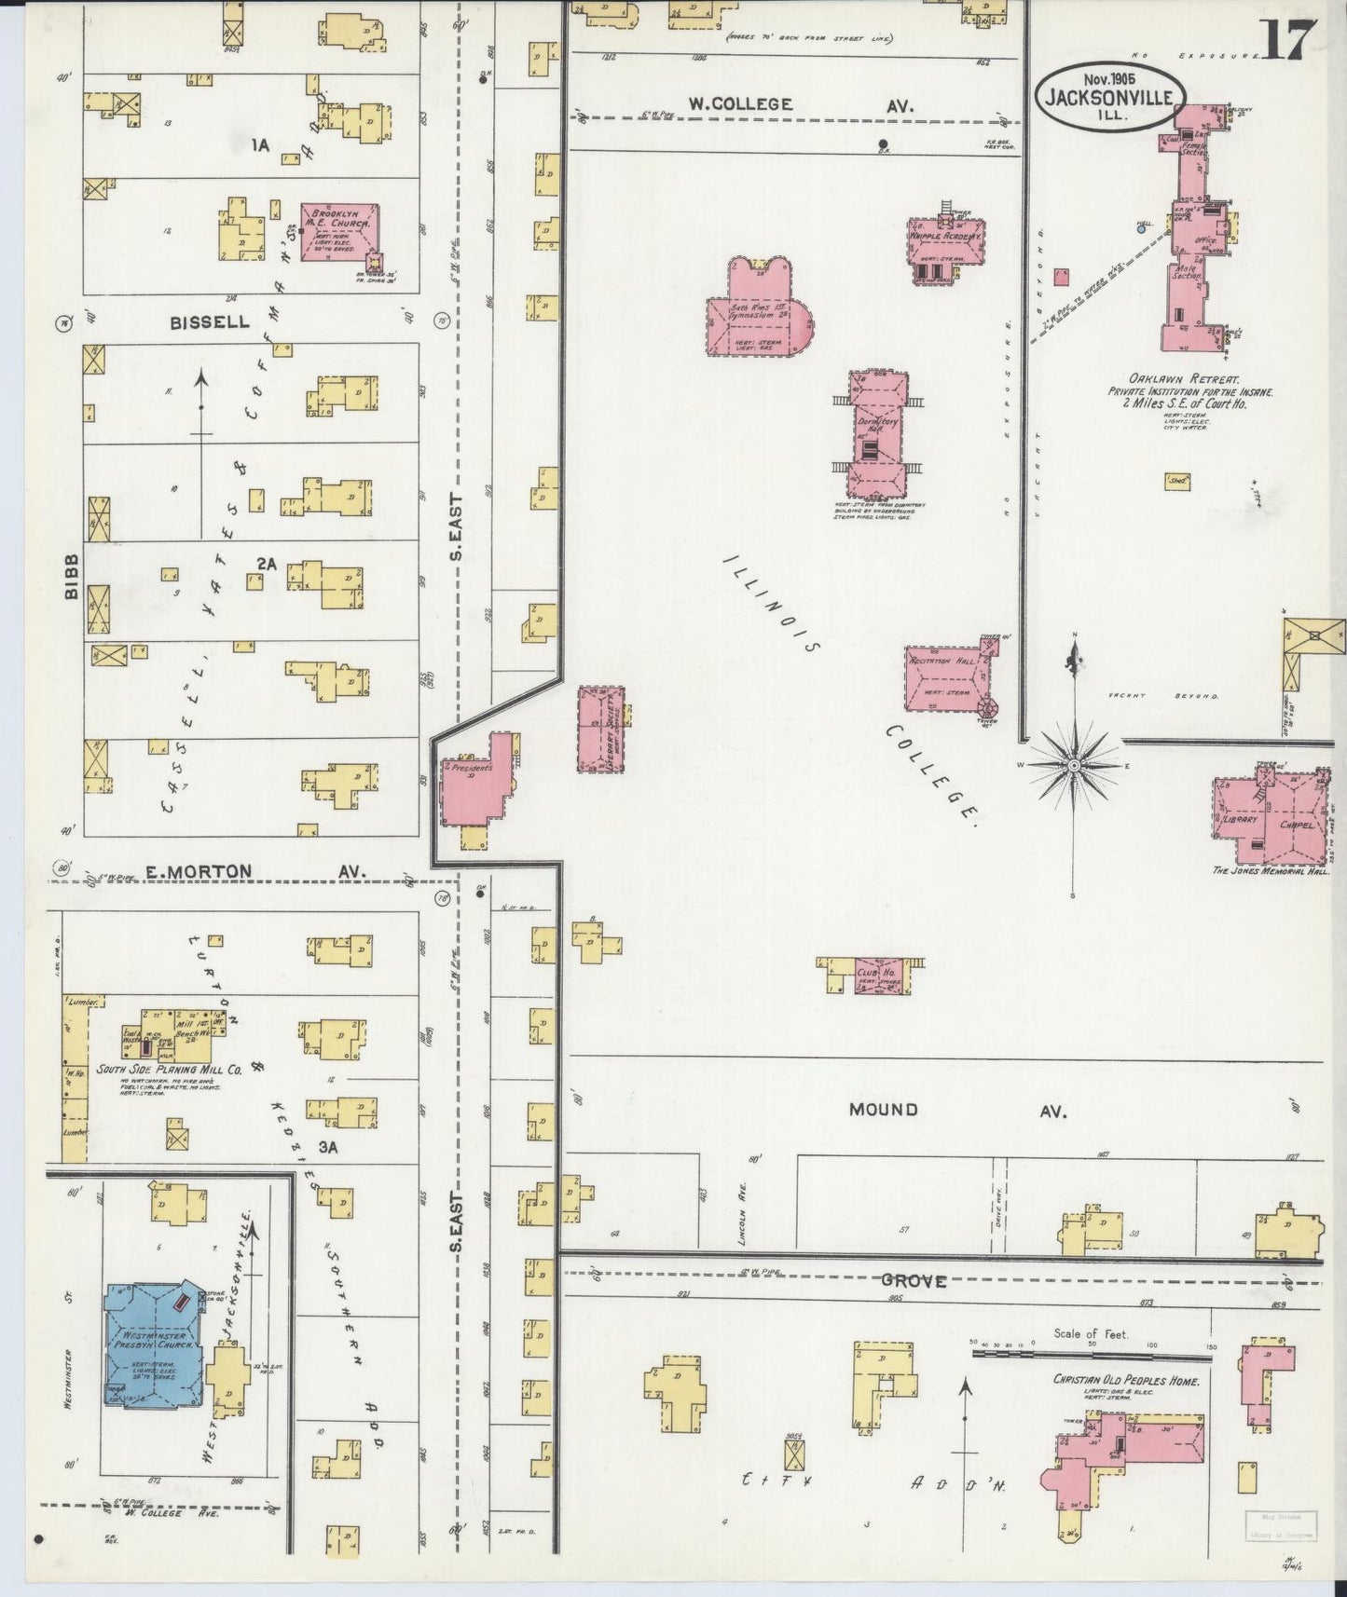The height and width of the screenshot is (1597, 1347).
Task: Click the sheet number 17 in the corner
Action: pos(1290,38)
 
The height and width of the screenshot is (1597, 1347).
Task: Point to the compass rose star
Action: pos(1074,764)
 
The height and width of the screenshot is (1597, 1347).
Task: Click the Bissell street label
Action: pos(210,322)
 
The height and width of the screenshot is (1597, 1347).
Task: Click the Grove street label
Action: pos(914,1282)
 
